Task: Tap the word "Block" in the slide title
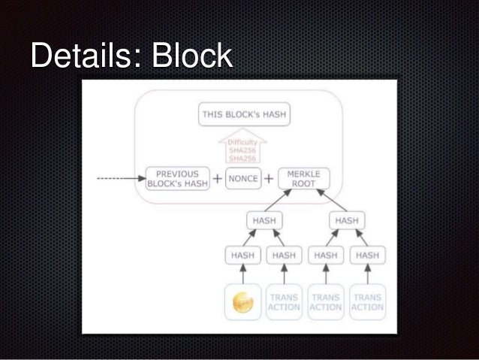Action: tap(191, 56)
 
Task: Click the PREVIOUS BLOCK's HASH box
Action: tap(177, 179)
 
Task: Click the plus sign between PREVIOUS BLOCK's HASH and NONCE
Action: tap(217, 179)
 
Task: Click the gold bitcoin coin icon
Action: tap(243, 302)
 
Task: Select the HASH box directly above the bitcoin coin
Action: tap(243, 256)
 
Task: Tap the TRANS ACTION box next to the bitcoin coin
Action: tap(284, 302)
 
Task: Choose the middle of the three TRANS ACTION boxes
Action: tap(326, 302)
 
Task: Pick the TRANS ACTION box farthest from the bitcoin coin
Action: tap(368, 302)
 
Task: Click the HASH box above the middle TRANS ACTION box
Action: tap(326, 256)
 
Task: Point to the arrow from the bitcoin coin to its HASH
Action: tap(243, 276)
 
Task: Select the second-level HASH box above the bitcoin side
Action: tap(263, 221)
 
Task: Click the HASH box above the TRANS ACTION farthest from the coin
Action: tap(368, 256)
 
